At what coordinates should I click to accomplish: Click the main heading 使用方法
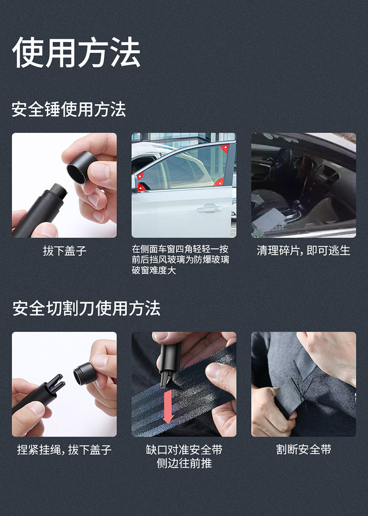76,52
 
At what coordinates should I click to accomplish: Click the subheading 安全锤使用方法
69,109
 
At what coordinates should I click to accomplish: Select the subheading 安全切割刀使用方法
86,309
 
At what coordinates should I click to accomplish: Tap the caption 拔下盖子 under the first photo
64,251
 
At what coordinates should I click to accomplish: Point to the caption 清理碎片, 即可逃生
303,250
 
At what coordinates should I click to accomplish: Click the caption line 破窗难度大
154,270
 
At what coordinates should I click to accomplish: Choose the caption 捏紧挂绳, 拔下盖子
64,449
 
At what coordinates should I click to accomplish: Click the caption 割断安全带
304,449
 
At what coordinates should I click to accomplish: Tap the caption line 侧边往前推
184,463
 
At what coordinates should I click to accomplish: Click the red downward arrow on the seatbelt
168,406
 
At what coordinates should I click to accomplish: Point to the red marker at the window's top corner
225,148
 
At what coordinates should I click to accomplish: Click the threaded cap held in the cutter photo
84,373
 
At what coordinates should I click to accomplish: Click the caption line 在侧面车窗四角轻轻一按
180,249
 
